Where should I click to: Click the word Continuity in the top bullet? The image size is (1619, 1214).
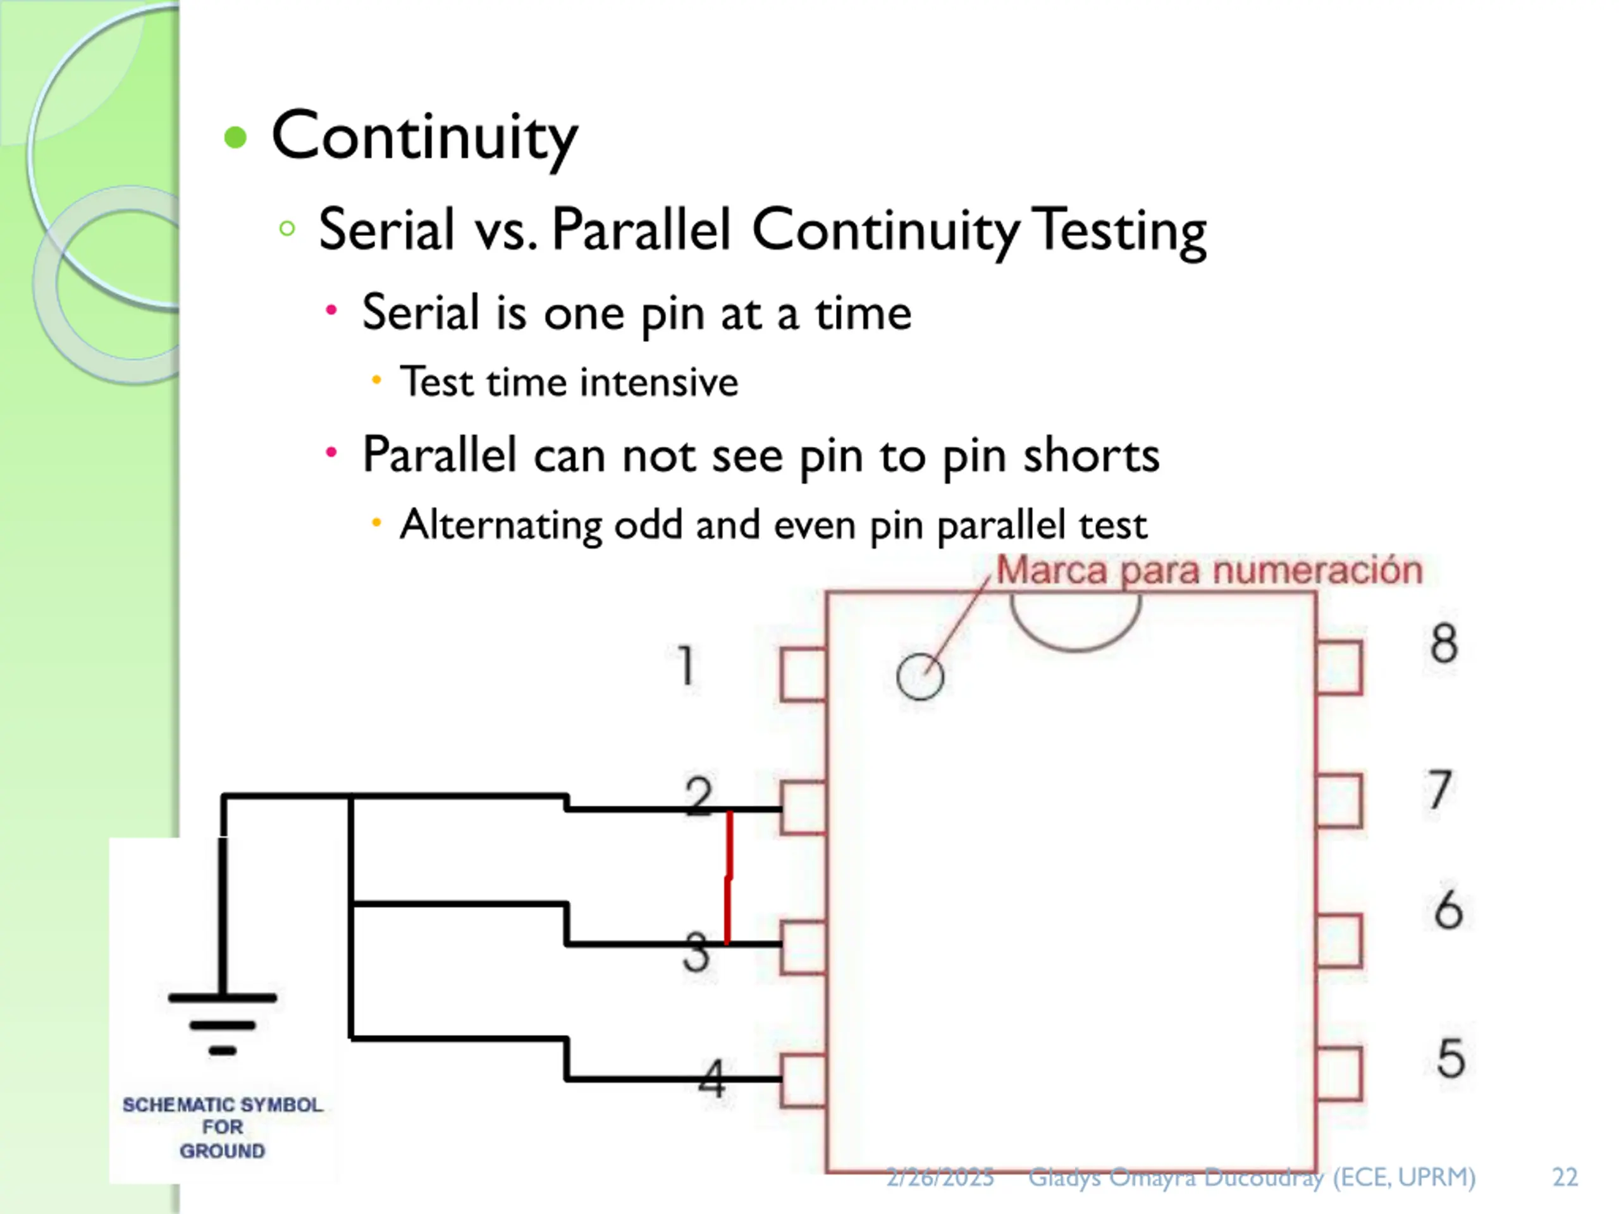click(x=424, y=137)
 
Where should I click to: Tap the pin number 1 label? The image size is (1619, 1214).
click(x=686, y=665)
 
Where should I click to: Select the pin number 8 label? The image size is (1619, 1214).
click(x=1444, y=644)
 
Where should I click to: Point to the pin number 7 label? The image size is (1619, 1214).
click(x=1439, y=790)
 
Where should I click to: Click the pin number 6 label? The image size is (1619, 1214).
click(x=1448, y=911)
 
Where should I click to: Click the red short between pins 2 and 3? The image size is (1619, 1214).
click(x=729, y=876)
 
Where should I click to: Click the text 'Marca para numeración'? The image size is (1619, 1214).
click(x=1209, y=570)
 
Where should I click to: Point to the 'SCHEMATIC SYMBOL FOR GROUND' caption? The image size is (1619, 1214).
click(x=223, y=1127)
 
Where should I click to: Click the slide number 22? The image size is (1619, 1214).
click(x=1565, y=1177)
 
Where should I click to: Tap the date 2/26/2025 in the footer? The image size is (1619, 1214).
click(x=940, y=1177)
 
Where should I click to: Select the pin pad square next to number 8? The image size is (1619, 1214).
click(x=1339, y=667)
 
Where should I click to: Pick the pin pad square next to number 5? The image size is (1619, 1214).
click(x=1339, y=1074)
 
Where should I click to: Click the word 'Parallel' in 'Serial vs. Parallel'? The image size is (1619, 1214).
click(x=641, y=230)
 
